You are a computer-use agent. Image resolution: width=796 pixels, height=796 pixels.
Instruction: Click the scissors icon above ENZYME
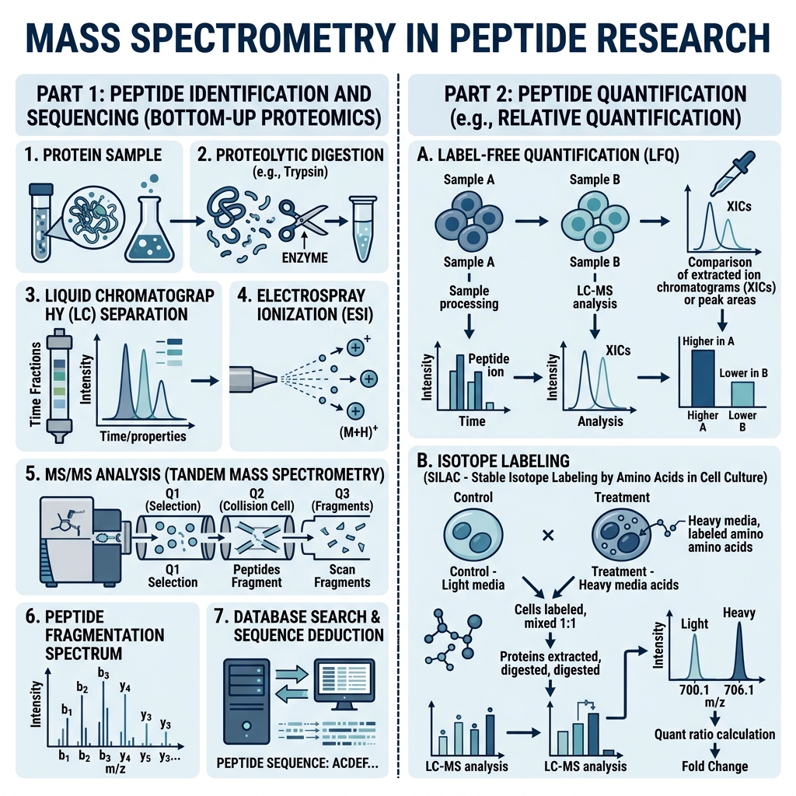coord(303,222)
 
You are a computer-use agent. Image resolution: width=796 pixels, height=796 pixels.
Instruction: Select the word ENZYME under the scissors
coord(305,257)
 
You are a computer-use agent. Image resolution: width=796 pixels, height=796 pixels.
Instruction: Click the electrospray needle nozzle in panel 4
coord(253,379)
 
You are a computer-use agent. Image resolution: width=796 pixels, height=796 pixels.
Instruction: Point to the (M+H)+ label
coord(358,432)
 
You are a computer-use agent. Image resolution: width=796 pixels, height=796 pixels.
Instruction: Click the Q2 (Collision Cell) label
coord(257,500)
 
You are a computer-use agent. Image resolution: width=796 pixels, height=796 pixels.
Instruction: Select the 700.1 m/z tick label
coord(694,690)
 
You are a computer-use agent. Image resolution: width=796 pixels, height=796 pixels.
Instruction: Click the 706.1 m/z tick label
coord(738,690)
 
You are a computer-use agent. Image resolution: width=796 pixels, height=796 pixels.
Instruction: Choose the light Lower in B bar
coord(742,394)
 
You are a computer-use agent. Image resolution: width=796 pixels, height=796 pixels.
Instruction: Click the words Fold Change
coord(715,766)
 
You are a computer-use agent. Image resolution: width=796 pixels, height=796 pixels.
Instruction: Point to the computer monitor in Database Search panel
coord(344,686)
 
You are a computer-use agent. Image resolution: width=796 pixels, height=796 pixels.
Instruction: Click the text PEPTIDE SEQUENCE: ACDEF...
coord(297,763)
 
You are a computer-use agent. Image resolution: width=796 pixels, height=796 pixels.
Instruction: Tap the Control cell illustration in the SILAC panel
coord(473,536)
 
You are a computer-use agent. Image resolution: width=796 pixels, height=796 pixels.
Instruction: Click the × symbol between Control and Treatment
coord(548,535)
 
